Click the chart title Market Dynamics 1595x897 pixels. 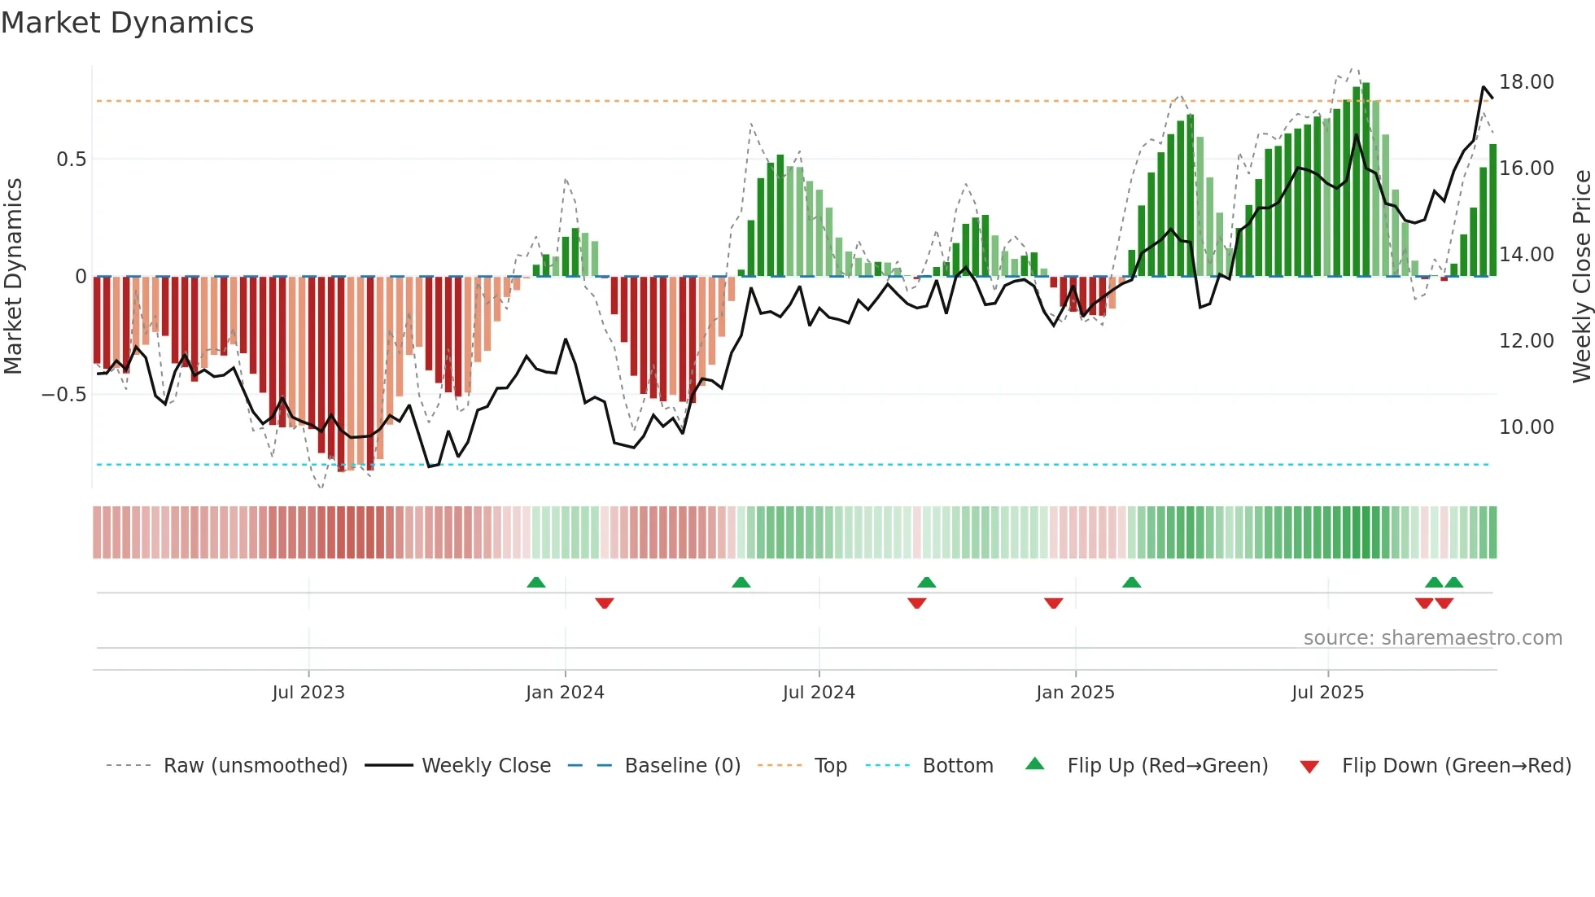(x=127, y=23)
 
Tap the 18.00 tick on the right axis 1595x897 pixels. (x=1526, y=82)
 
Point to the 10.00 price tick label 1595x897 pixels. (x=1526, y=427)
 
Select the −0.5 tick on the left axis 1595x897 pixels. (x=63, y=395)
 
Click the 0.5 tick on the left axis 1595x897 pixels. (x=71, y=160)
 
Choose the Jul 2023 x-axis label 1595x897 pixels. (x=308, y=693)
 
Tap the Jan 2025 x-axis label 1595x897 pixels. (x=1075, y=693)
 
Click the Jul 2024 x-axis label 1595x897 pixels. (x=819, y=693)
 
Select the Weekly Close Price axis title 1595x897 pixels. (x=1581, y=277)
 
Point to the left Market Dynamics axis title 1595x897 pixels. (x=13, y=277)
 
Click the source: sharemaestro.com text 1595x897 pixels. (x=1432, y=638)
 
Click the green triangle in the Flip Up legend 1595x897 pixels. (x=1034, y=764)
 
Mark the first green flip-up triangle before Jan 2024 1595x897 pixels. (x=535, y=583)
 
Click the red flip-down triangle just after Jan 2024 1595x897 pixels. (x=604, y=603)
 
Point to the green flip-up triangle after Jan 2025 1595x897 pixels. (x=1131, y=583)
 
